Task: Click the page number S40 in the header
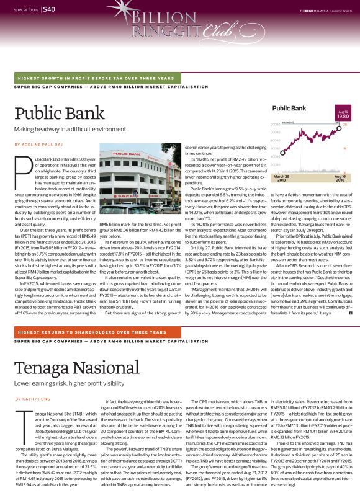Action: (x=50, y=9)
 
